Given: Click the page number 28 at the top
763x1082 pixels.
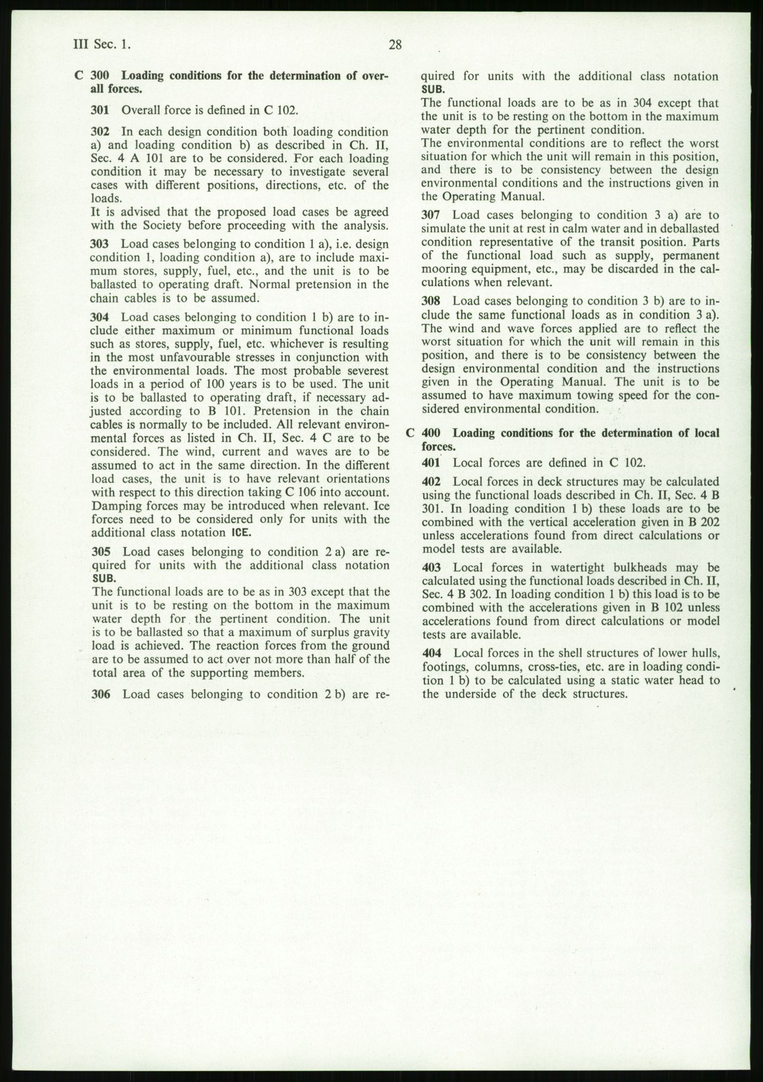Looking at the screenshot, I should tap(395, 45).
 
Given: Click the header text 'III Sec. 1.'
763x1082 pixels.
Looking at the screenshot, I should tap(102, 45).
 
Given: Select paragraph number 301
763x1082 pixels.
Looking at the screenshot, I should tap(100, 110).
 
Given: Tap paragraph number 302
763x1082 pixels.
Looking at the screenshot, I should tap(100, 132).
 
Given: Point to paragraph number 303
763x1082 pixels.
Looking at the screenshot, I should tap(100, 244).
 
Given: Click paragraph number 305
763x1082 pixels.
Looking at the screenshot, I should tap(101, 552).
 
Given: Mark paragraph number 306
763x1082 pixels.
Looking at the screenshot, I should tap(101, 694).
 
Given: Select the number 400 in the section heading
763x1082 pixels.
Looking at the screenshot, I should tap(431, 433).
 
